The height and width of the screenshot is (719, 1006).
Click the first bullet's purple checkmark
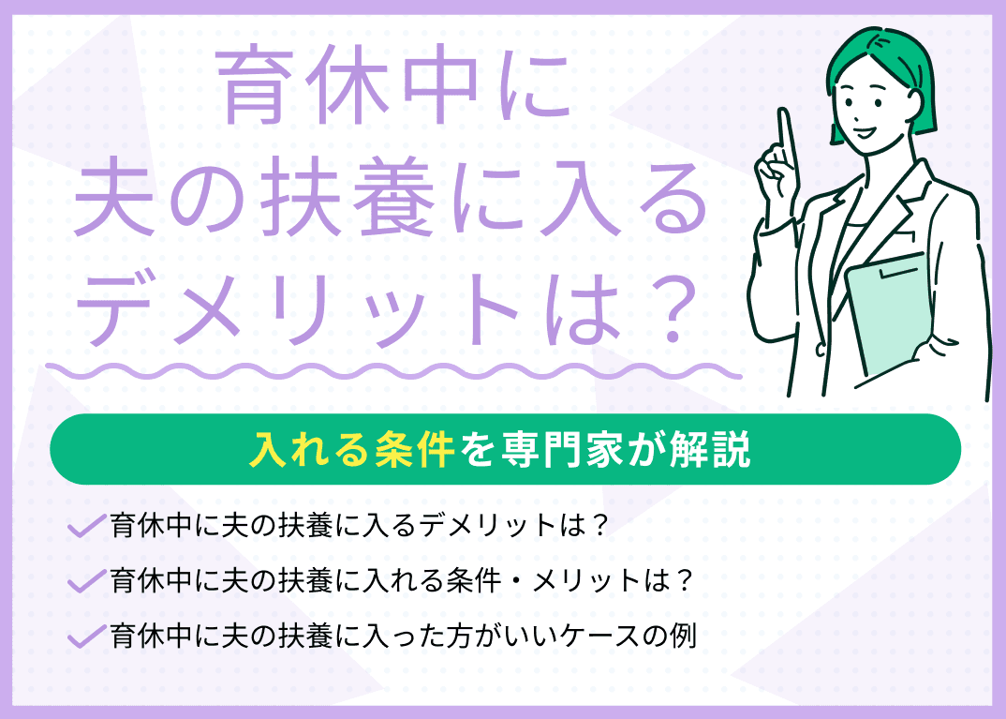click(x=86, y=527)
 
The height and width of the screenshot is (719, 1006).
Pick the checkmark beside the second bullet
click(x=86, y=582)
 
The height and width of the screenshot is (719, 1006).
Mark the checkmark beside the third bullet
click(x=86, y=637)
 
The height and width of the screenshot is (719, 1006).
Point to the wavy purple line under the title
click(x=393, y=369)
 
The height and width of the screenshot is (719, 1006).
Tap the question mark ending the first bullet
click(x=601, y=526)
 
